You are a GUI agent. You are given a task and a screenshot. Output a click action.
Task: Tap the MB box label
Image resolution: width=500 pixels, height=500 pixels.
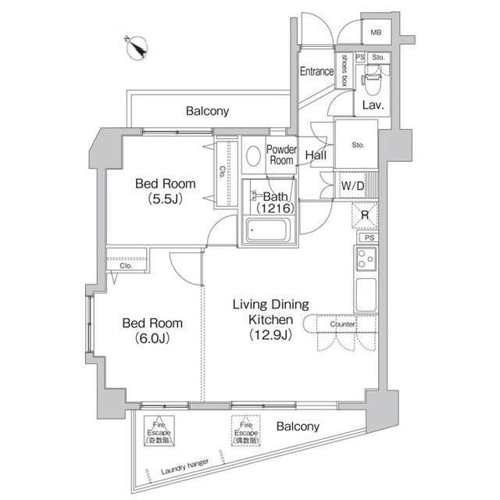[x=376, y=32]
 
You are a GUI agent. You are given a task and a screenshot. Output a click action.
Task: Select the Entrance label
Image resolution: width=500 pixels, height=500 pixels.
[x=317, y=72]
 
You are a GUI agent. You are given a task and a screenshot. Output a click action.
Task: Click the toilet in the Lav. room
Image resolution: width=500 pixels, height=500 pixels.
[x=372, y=77]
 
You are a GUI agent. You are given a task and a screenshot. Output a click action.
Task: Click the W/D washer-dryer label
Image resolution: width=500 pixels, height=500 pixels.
[x=353, y=186]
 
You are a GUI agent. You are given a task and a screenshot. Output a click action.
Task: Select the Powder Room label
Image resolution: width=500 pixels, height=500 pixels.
[x=280, y=155]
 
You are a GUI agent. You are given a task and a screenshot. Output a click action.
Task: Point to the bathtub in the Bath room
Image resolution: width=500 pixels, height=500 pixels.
[x=268, y=230]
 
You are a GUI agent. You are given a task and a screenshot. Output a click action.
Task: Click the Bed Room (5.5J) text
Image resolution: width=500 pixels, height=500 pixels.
[x=165, y=191]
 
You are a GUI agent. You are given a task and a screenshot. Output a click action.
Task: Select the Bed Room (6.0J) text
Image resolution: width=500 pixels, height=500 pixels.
[x=152, y=330]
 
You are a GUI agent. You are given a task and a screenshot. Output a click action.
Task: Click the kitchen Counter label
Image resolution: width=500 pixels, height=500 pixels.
[x=342, y=323]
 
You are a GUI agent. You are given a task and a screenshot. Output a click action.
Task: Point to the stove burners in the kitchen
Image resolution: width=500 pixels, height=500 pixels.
[x=365, y=259]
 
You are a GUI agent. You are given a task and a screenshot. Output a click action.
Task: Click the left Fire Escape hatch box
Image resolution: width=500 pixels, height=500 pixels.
[x=161, y=430]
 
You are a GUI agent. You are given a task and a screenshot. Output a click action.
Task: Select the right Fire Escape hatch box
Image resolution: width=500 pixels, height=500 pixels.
[x=246, y=430]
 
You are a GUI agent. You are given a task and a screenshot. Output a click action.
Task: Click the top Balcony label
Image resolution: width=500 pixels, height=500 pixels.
[x=207, y=111]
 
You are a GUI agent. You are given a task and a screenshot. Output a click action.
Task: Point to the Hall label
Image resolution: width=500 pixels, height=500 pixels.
[x=316, y=155]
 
